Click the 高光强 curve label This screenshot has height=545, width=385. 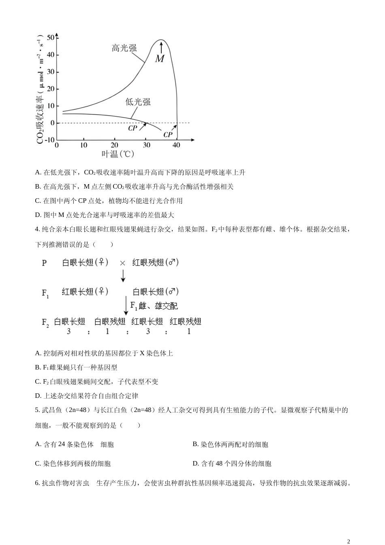(x=124, y=48)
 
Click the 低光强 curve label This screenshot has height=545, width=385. (x=138, y=102)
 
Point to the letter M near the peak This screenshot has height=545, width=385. (x=160, y=59)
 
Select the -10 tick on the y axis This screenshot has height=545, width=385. (x=49, y=140)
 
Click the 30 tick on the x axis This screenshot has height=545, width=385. (x=146, y=146)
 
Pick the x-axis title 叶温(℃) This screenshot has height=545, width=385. (x=118, y=154)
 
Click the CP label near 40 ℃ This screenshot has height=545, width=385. (x=168, y=135)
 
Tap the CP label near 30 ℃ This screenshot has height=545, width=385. (x=133, y=128)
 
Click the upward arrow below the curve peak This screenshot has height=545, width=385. (x=161, y=47)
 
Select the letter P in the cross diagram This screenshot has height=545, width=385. (x=44, y=263)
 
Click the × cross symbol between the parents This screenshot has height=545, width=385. (x=122, y=263)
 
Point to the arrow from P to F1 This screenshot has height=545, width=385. (x=123, y=276)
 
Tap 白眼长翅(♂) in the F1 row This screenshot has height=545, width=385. (x=156, y=292)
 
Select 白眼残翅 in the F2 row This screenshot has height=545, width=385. (x=110, y=322)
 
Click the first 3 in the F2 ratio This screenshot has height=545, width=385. (x=69, y=331)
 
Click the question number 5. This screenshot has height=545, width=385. (x=37, y=410)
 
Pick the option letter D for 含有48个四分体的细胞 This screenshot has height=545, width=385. (x=195, y=463)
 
